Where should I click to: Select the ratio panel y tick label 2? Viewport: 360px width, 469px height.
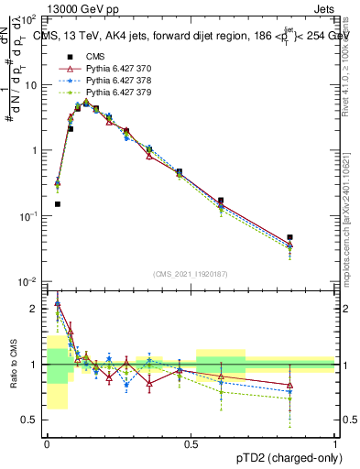point(35,309)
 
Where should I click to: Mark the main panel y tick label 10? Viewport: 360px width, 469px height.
point(31,84)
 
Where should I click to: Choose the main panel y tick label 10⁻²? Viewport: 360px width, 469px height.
point(29,281)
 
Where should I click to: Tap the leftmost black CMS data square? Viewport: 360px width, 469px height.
point(58,204)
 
